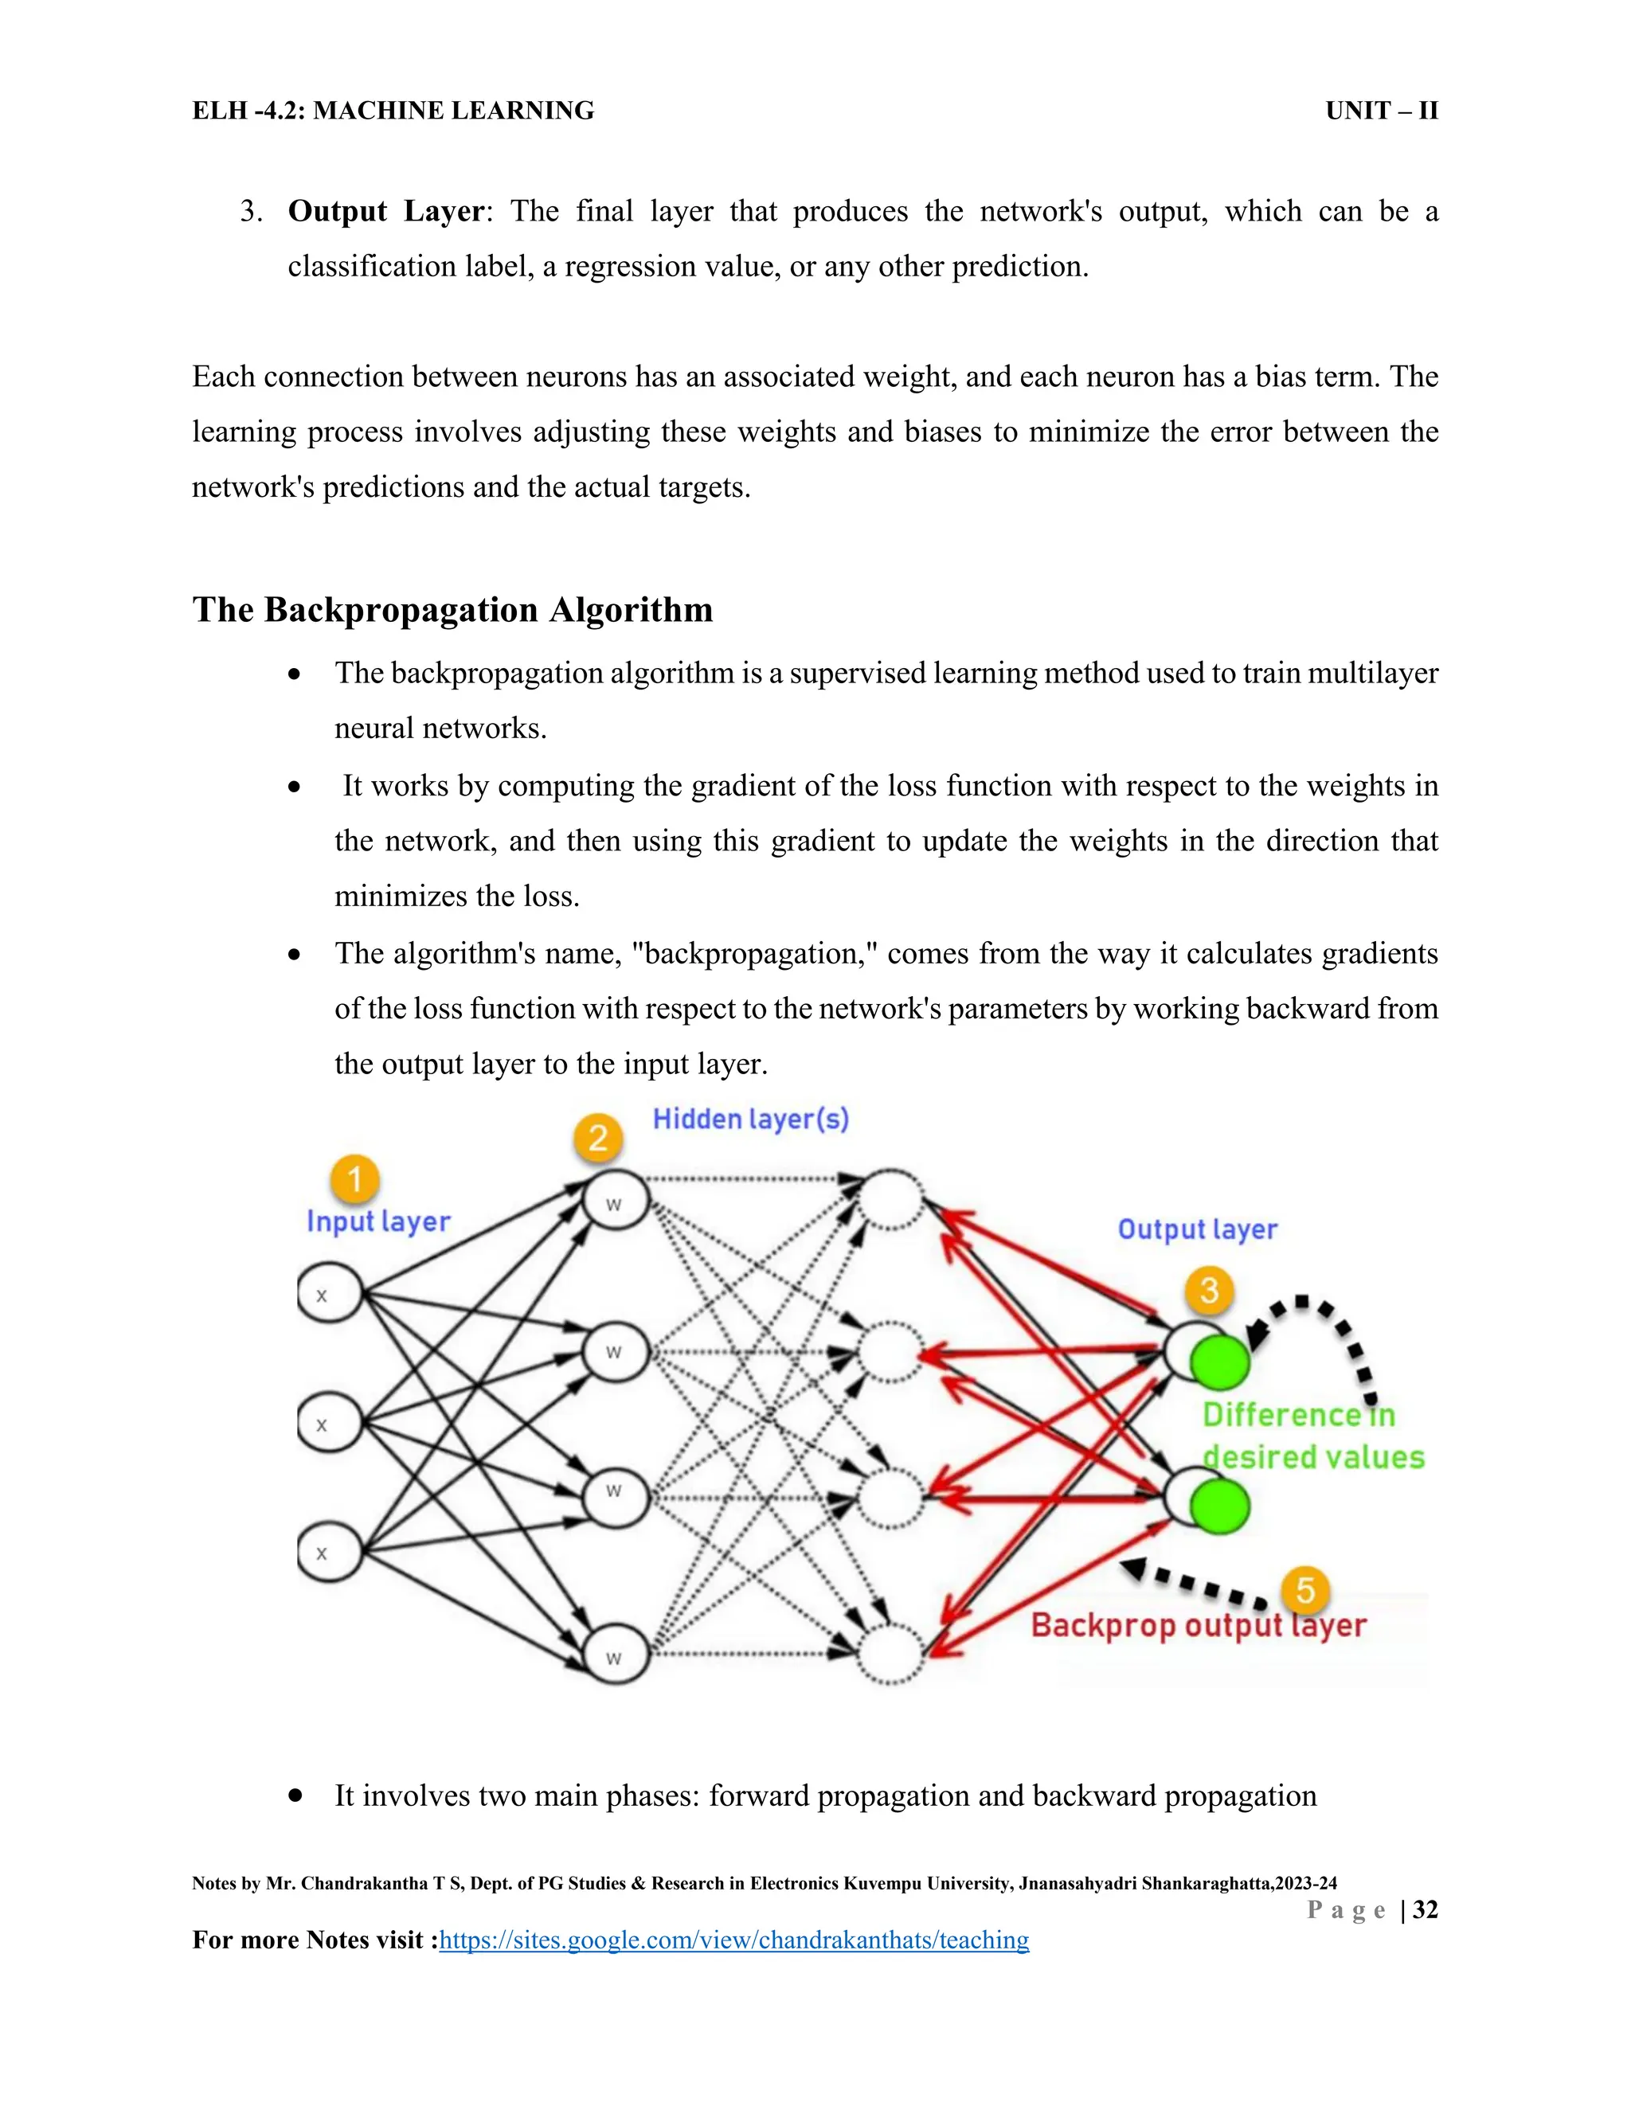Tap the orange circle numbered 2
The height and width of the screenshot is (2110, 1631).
tap(598, 1138)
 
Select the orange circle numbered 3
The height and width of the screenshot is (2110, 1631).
tap(1209, 1291)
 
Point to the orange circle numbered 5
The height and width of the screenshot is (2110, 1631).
tap(1305, 1590)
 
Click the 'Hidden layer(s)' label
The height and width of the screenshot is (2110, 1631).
tap(751, 1119)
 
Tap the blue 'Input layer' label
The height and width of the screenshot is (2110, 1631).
tap(377, 1221)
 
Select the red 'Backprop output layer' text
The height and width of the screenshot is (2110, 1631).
tap(1198, 1625)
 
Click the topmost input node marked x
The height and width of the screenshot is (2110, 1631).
tap(330, 1295)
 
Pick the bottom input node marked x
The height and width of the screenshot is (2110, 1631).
tap(330, 1553)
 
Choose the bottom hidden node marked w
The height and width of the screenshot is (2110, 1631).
tap(616, 1656)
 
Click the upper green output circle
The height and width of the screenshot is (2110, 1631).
tap(1219, 1362)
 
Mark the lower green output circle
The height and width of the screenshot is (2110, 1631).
tap(1219, 1506)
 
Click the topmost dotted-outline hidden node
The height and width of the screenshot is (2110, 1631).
tap(892, 1200)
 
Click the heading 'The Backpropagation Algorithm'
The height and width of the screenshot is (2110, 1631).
tap(452, 610)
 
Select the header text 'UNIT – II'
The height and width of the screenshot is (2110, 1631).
tap(1381, 111)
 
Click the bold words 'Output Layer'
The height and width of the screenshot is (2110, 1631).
tap(385, 212)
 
